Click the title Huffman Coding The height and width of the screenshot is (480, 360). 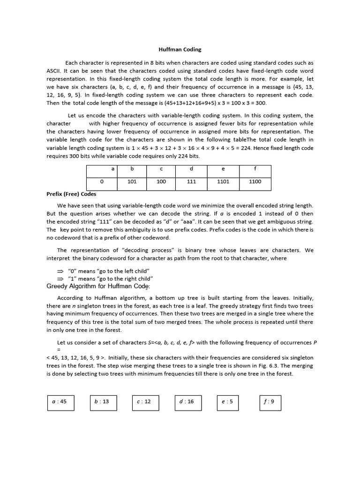pyautogui.click(x=180, y=49)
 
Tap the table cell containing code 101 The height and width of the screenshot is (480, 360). pyautogui.click(x=132, y=182)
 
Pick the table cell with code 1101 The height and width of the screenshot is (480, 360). pyautogui.click(x=223, y=182)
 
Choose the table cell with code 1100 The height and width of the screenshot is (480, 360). pyautogui.click(x=255, y=182)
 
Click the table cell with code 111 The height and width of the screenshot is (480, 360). pyautogui.click(x=191, y=182)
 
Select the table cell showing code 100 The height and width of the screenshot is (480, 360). pyautogui.click(x=161, y=182)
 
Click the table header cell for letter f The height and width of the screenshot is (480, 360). pyautogui.click(x=255, y=169)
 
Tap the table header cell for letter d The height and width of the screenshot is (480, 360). pyautogui.click(x=191, y=169)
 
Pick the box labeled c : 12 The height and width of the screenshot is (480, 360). pyautogui.click(x=144, y=402)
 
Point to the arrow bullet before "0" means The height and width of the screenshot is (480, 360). pyautogui.click(x=60, y=271)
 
